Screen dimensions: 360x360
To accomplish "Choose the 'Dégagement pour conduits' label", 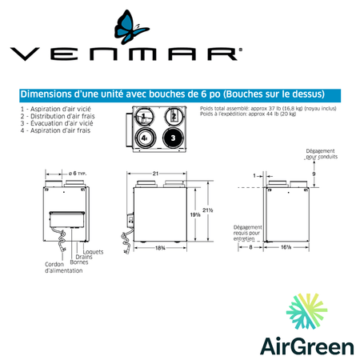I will click(x=322, y=153).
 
